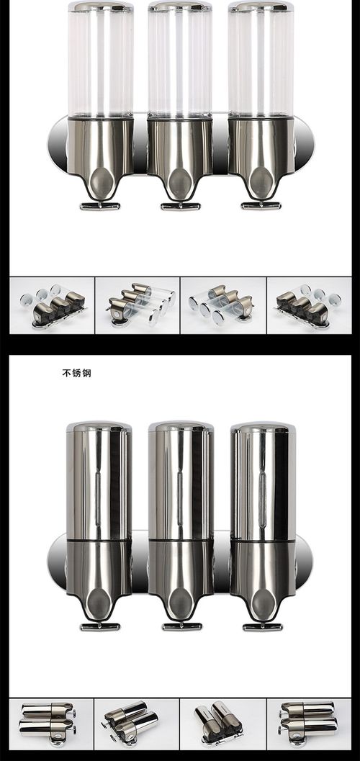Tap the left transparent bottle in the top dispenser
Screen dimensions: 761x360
101,61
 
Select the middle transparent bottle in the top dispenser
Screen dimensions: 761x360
181,61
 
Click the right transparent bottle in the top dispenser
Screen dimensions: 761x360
261,61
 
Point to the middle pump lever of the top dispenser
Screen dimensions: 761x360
181,206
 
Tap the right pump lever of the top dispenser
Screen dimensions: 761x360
261,205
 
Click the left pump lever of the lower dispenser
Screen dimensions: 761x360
100,626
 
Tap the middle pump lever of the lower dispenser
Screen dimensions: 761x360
181,626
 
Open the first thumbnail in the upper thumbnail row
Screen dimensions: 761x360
52,305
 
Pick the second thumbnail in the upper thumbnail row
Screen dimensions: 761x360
138,305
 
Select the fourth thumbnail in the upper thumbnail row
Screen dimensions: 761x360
309,305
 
